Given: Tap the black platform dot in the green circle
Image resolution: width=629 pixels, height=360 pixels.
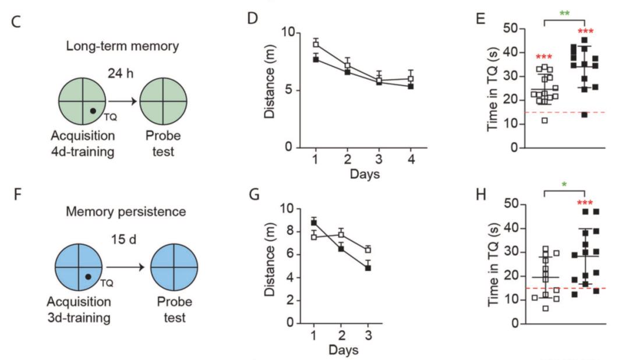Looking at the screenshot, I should click(x=92, y=110).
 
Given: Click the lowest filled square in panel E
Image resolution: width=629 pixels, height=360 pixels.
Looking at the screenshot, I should click(x=584, y=114).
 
